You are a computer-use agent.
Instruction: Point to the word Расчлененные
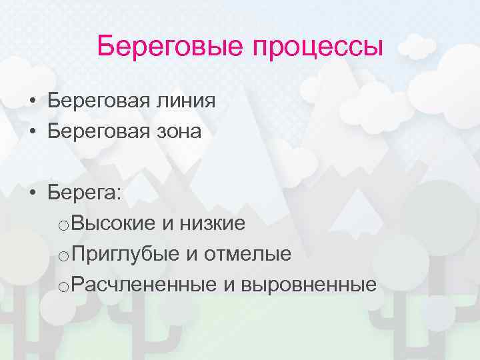point(144,285)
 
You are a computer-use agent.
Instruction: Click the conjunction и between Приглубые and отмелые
point(191,255)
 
